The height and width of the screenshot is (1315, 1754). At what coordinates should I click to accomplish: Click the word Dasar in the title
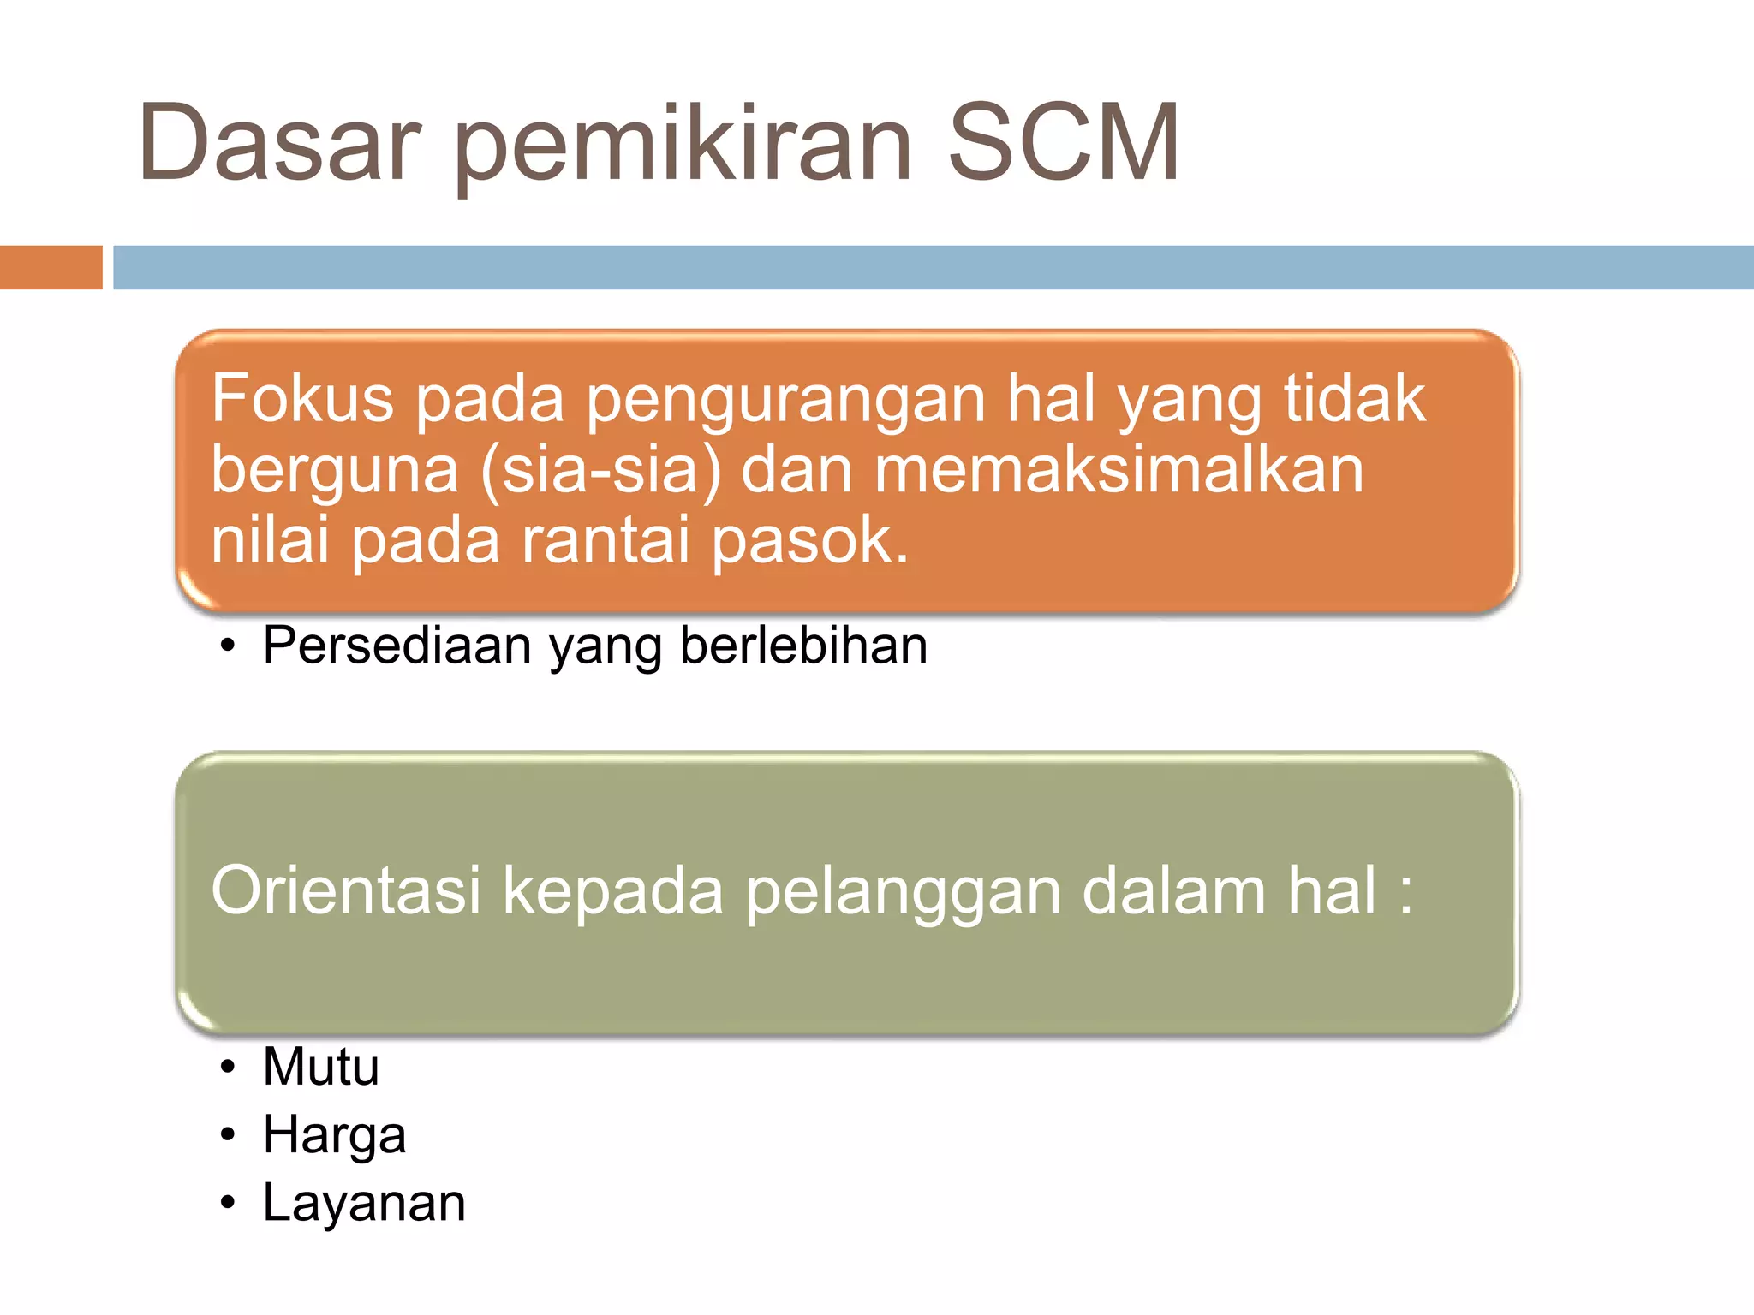279,143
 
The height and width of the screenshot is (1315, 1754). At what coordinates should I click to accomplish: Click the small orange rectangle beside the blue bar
51,267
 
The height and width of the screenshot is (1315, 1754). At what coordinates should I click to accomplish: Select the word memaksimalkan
1119,471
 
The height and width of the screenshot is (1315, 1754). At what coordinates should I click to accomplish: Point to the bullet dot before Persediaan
227,646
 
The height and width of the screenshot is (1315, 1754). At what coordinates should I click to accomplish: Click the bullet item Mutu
320,1067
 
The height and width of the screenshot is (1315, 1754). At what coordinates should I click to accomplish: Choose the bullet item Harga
334,1136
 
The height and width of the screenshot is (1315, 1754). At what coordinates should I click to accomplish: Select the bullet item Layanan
364,1204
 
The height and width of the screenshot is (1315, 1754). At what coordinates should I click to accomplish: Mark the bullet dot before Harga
227,1136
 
